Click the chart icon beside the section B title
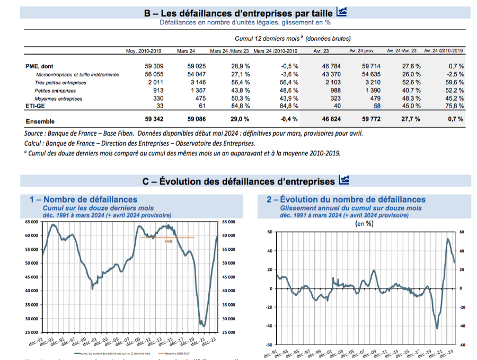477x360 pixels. pos(342,12)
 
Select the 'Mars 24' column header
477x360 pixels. pos(186,51)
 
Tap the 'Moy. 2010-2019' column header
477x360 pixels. pos(144,51)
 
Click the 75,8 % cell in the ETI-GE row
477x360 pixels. pos(455,106)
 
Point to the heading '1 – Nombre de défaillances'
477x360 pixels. pos(83,199)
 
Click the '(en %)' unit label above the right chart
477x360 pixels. pos(364,223)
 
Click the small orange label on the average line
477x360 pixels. pos(169,242)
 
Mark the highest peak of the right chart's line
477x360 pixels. pos(448,239)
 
